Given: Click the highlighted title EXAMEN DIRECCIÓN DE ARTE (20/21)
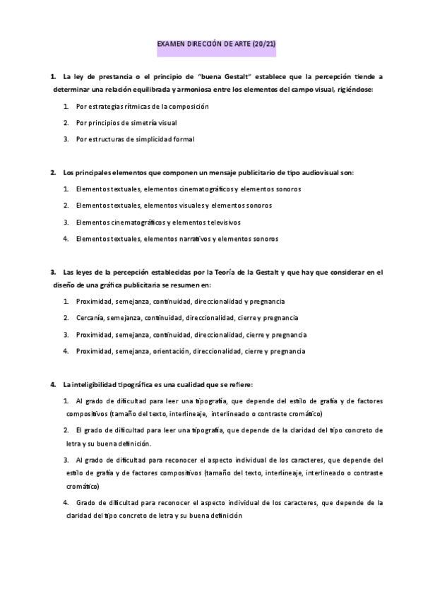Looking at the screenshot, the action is tap(216, 45).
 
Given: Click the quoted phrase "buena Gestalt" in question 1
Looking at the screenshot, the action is tap(224, 75).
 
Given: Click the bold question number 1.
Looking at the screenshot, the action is tap(53, 75).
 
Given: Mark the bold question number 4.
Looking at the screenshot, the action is tap(53, 384).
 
